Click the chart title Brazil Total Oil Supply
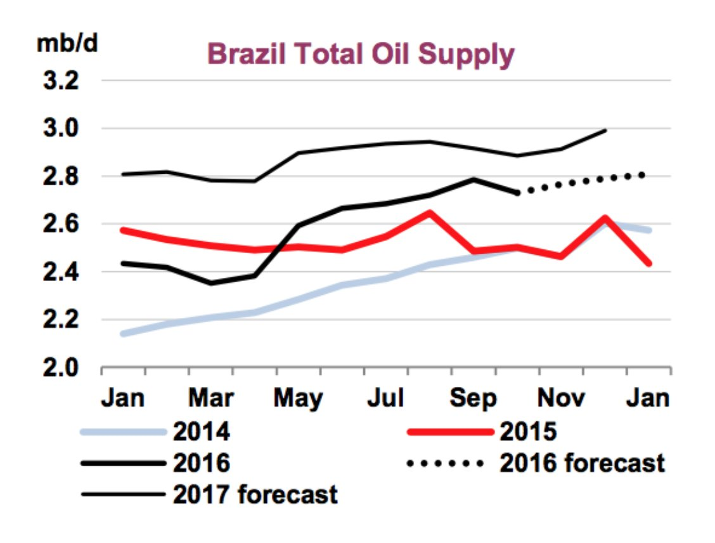point(360,55)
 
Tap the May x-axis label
point(298,399)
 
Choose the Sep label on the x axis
point(474,399)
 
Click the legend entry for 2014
point(200,432)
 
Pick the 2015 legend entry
point(527,432)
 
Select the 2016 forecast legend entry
point(582,463)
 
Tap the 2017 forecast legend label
point(255,494)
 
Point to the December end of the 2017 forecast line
point(606,130)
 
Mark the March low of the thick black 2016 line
point(210,283)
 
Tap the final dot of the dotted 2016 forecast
point(643,174)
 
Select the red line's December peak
point(606,218)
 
